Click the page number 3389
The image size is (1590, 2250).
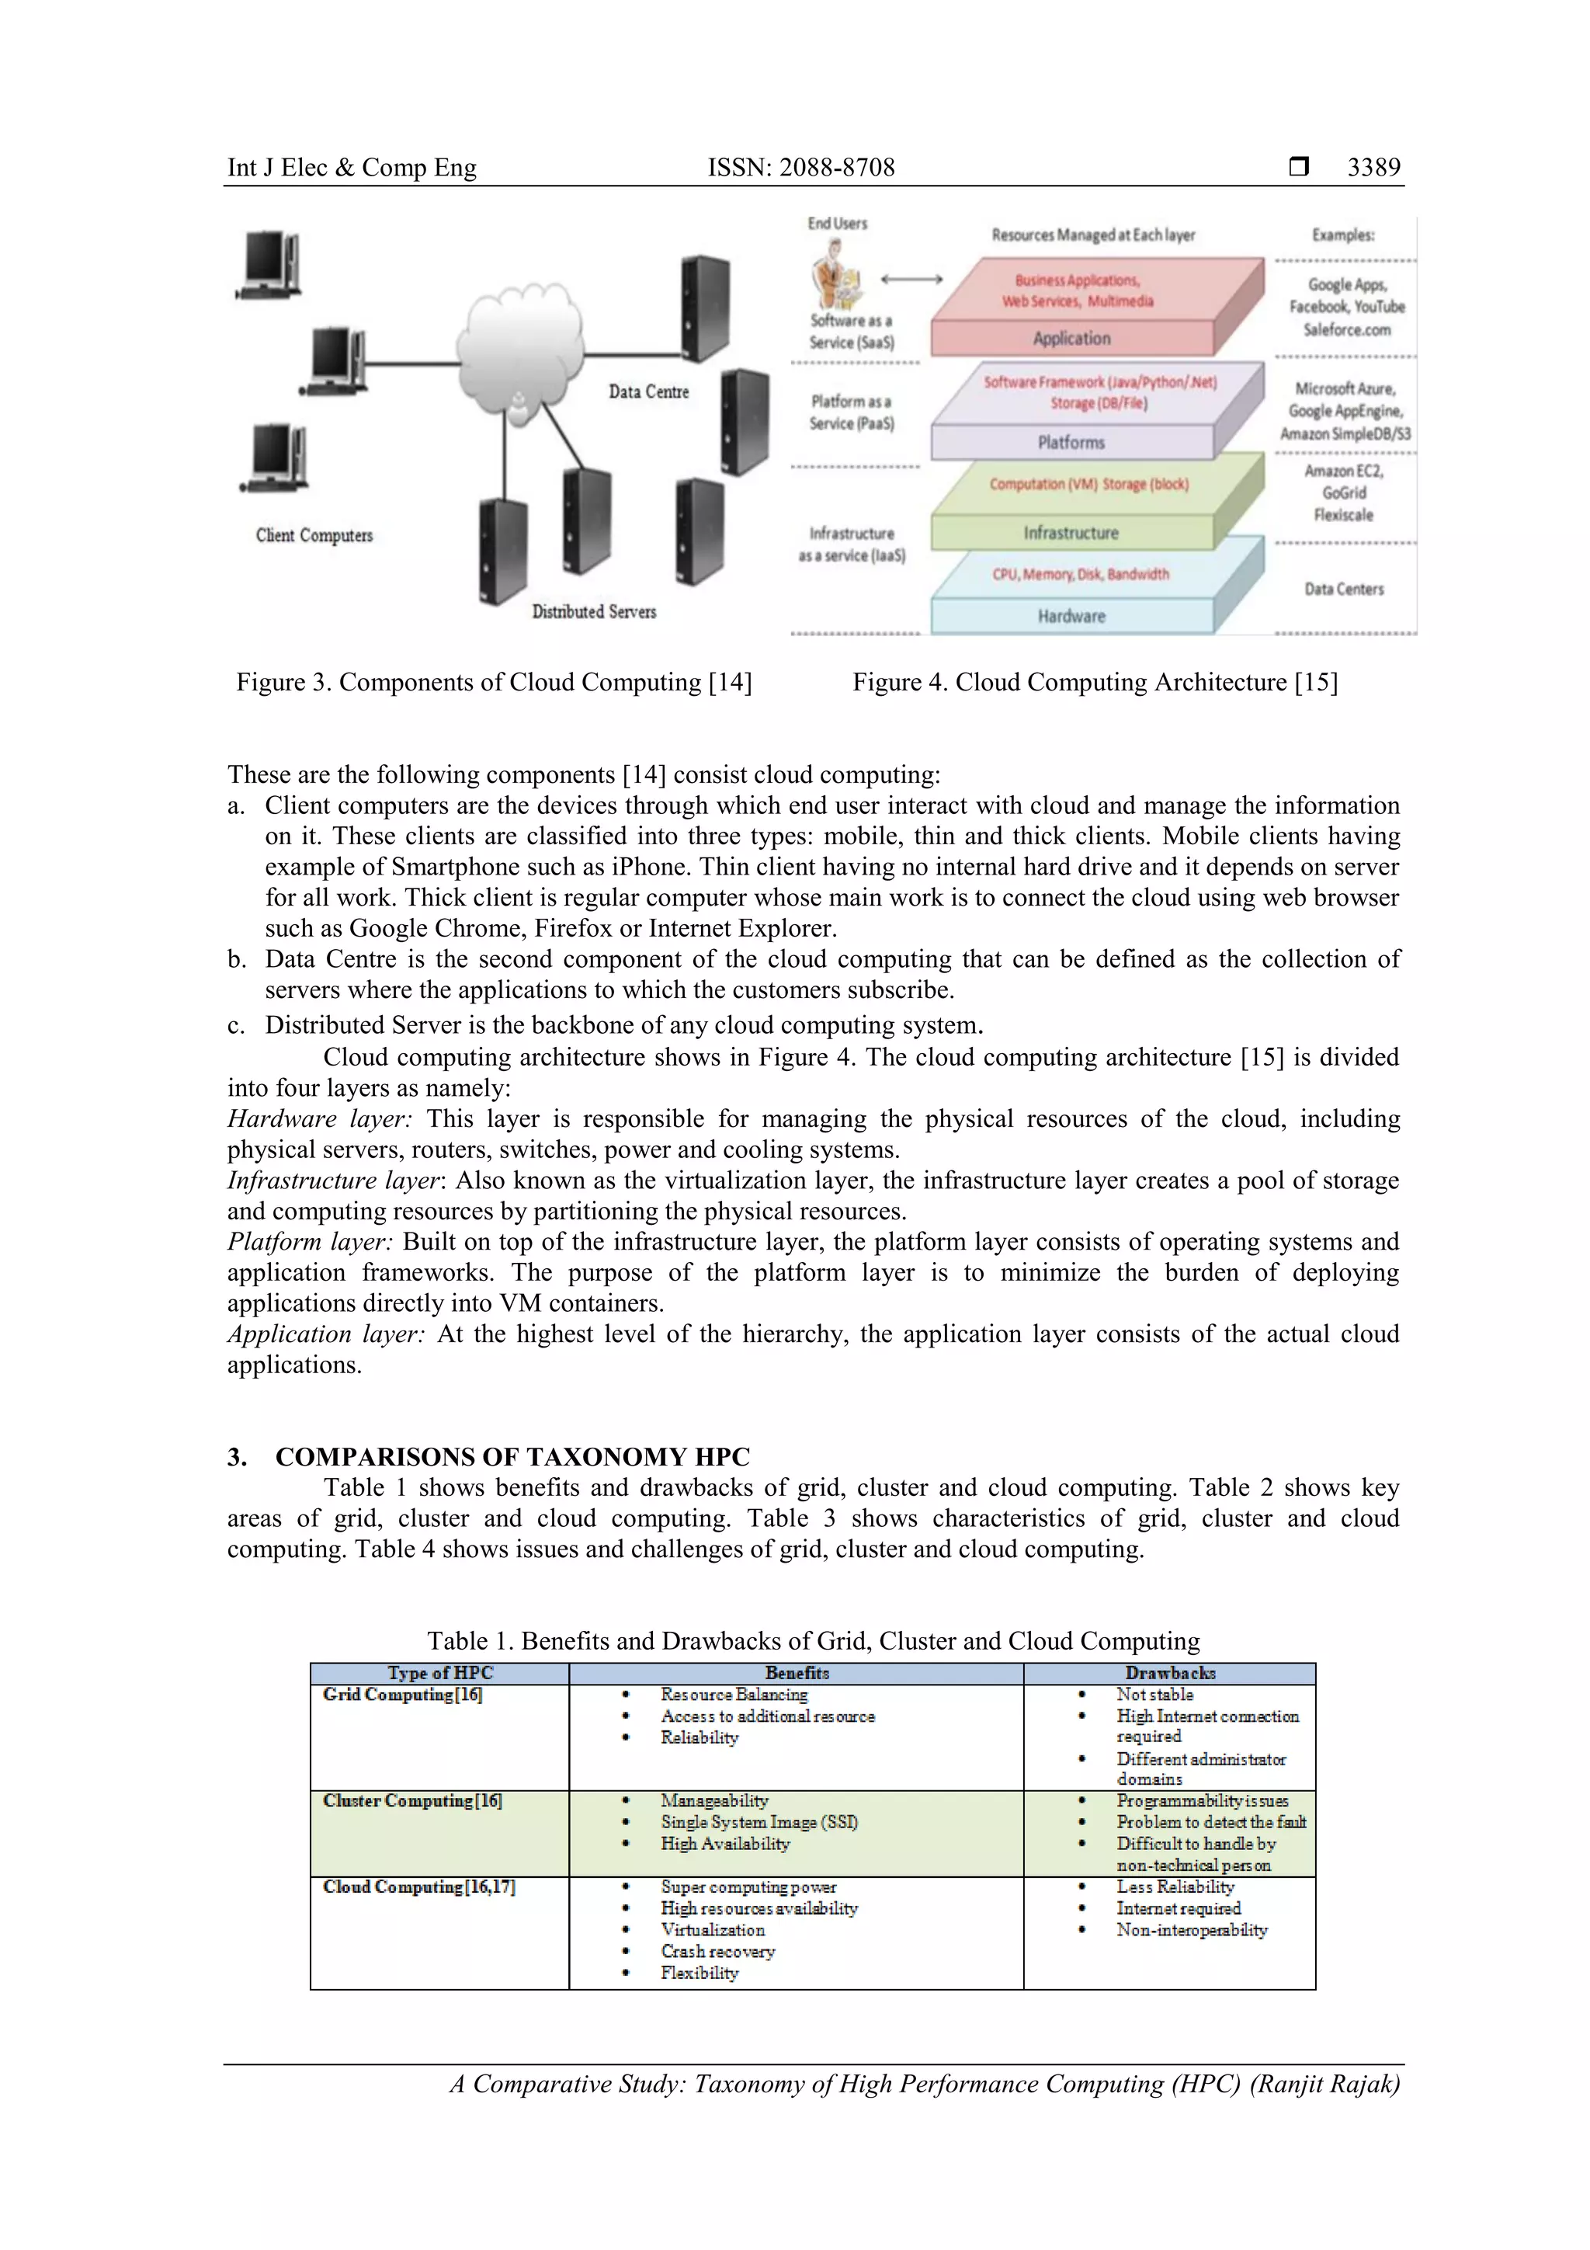tap(1373, 168)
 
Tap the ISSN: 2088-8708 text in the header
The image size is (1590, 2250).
tap(800, 168)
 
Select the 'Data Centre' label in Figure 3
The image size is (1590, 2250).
tap(648, 392)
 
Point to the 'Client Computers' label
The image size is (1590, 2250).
tap(314, 535)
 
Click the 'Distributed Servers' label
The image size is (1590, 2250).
tap(594, 611)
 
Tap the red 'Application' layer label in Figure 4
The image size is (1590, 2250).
tap(1071, 338)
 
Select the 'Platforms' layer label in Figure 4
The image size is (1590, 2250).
tap(1071, 443)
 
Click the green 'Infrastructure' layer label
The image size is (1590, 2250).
tap(1071, 533)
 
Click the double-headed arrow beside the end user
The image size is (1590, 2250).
tap(911, 280)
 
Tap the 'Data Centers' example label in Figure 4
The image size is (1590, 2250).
tap(1343, 589)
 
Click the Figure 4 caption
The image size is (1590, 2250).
tap(1094, 682)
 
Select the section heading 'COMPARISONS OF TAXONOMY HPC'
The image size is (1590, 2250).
tap(512, 1456)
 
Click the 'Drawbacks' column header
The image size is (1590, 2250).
tap(1170, 1673)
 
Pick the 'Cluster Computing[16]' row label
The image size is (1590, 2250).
tap(412, 1800)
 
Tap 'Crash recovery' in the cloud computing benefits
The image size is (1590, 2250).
tap(717, 1951)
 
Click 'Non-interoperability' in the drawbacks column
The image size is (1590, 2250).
tap(1191, 1929)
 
